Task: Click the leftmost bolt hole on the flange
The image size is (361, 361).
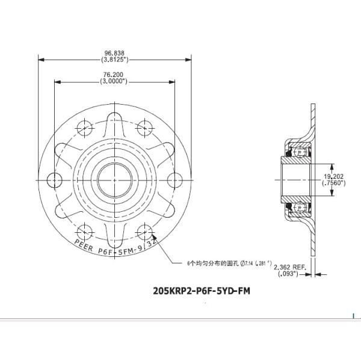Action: click(54, 179)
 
